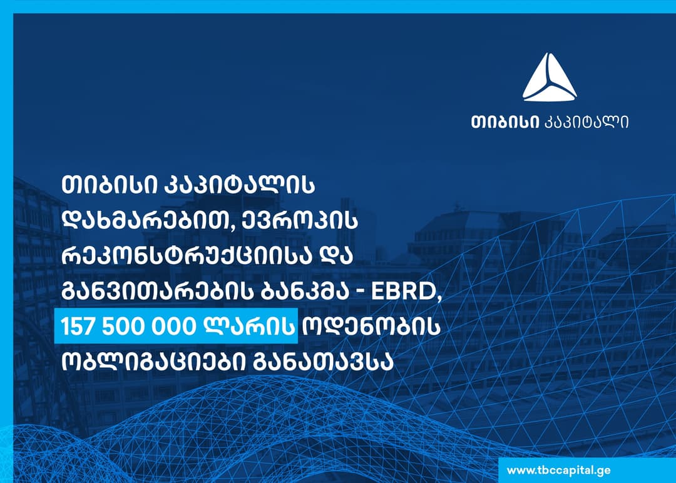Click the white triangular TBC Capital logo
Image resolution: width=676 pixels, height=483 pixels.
[x=550, y=78]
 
